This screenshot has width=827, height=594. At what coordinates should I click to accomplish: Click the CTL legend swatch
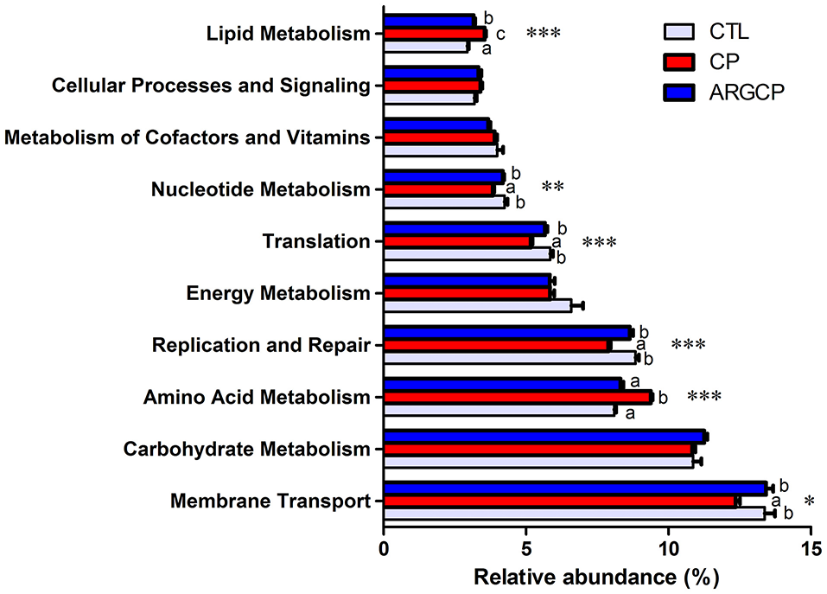click(684, 33)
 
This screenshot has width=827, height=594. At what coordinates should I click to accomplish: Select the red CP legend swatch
click(684, 62)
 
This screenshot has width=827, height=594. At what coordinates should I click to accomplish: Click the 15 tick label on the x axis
click(810, 548)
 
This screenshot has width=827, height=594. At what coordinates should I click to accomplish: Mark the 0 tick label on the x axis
click(384, 548)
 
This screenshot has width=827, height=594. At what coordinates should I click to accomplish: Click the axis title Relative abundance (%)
click(596, 575)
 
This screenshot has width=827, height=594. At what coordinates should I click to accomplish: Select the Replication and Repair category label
click(261, 346)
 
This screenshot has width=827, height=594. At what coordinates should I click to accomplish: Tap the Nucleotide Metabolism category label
click(260, 189)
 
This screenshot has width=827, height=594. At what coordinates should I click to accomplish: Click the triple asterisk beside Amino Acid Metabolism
click(704, 398)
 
